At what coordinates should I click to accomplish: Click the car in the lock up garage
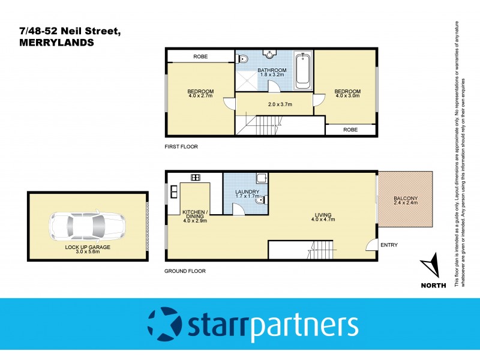pos(87,226)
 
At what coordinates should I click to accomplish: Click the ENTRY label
pos(389,245)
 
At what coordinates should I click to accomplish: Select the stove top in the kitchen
pos(195,177)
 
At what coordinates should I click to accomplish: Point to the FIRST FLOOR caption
pos(181,146)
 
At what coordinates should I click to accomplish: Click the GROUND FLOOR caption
pos(185,271)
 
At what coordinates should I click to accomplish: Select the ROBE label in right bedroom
pos(351,129)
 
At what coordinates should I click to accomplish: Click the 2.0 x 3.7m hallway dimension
pos(280,104)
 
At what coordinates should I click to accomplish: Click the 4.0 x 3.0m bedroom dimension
pos(346,95)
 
